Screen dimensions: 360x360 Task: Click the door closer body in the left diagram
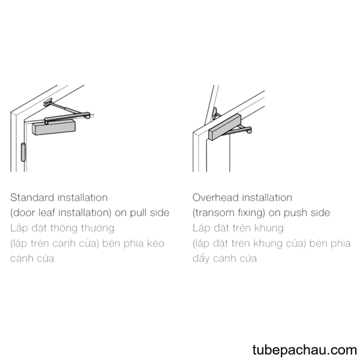click(x=54, y=127)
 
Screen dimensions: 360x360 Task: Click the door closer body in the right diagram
click(x=225, y=127)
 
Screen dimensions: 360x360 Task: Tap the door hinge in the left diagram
click(x=23, y=152)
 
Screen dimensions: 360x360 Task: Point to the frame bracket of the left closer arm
click(x=48, y=102)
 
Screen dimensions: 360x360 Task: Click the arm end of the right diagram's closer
click(x=248, y=131)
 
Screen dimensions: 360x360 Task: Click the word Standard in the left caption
click(x=32, y=197)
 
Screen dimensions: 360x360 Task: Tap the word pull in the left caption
click(x=139, y=213)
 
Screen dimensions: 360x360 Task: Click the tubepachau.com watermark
click(x=304, y=350)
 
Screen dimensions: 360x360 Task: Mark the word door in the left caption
click(x=23, y=212)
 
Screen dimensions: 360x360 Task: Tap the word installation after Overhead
click(x=267, y=197)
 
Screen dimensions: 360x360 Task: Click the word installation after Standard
click(x=83, y=197)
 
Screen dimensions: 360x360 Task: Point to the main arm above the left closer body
click(x=67, y=117)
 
